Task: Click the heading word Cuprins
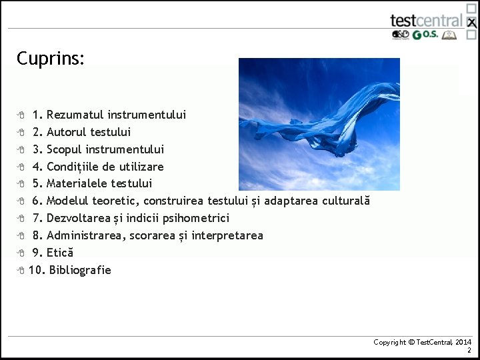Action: pos(50,59)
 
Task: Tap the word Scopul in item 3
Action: pos(65,149)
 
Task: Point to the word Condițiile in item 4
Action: pos(74,167)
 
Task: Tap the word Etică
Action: pos(60,253)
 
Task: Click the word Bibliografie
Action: pos(80,270)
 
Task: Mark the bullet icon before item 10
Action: pos(21,270)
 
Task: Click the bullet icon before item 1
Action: pos(21,115)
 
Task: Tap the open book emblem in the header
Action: pos(451,35)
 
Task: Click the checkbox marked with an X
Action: pos(471,23)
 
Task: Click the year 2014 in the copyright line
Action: pos(463,342)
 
